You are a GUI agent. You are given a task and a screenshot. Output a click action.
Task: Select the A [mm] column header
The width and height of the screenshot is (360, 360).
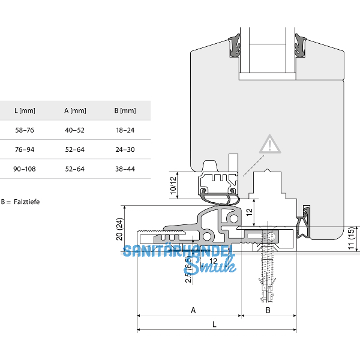[x=75, y=110]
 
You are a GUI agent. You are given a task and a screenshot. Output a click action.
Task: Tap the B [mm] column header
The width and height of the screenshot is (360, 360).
[x=125, y=110]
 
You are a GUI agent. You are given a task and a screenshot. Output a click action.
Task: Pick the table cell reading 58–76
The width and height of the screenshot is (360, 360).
[x=24, y=130]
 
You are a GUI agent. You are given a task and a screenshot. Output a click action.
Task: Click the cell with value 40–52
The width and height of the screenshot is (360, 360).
[x=75, y=130]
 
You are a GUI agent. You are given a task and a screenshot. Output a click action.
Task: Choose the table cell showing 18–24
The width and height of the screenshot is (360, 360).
[x=125, y=130]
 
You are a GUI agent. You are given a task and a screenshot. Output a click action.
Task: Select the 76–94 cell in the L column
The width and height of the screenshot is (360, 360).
[x=24, y=149]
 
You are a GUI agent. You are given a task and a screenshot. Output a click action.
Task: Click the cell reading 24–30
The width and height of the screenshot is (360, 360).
[x=125, y=149]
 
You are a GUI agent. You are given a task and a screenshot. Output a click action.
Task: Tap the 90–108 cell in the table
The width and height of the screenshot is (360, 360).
[x=24, y=169]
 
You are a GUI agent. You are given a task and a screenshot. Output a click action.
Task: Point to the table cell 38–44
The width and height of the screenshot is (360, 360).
[x=125, y=169]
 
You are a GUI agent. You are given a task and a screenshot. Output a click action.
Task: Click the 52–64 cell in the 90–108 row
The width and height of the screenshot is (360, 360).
[x=75, y=169]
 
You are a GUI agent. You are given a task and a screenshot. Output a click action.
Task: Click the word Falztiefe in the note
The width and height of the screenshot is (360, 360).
[x=27, y=202]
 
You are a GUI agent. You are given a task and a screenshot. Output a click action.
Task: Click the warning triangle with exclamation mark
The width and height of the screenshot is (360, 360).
[x=271, y=145]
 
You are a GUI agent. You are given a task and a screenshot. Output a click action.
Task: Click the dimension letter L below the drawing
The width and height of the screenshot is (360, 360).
[x=215, y=324]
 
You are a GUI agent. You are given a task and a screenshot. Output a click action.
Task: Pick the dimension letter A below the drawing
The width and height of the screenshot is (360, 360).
[x=193, y=310]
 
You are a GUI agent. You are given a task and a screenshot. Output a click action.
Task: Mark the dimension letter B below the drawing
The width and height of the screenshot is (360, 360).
[x=268, y=310]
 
